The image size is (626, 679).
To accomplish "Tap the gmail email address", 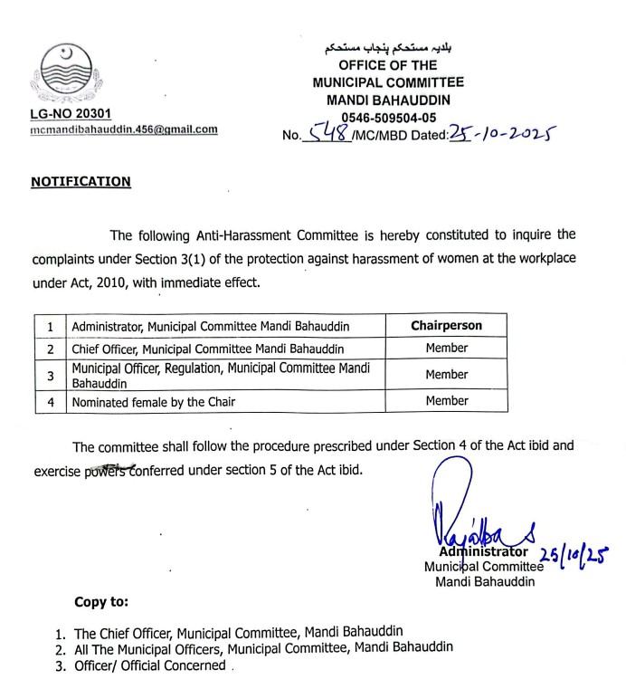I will point(124,129).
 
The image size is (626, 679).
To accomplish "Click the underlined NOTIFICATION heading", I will point(81,182).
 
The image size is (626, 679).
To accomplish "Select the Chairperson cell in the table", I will point(446,325).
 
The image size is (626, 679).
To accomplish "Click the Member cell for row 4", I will point(446,401).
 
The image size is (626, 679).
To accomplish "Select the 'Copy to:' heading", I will point(101,601).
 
